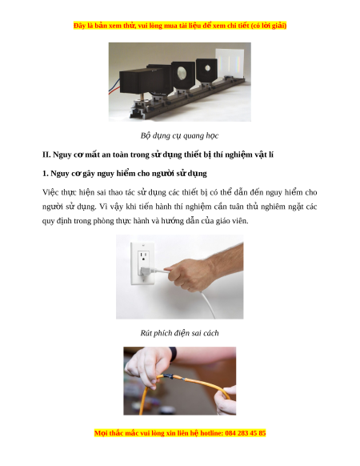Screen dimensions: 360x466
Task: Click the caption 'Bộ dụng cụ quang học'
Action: coord(179,136)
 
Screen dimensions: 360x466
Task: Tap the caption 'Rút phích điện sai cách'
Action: coord(179,333)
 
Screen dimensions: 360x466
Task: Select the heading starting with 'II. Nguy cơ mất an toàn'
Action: coord(158,155)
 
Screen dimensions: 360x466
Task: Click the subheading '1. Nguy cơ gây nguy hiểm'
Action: coord(125,174)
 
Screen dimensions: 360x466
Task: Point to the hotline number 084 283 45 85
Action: coord(246,433)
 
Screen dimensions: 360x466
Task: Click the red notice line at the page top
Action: coord(180,26)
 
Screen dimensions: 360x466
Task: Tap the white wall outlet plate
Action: coord(142,263)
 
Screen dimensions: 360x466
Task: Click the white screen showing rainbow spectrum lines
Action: coord(230,63)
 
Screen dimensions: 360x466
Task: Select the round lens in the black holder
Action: coord(182,72)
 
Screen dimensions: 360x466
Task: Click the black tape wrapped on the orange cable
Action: coord(169,376)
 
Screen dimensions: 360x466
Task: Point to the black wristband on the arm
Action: coord(173,354)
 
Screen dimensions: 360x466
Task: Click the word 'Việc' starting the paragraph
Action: coord(50,193)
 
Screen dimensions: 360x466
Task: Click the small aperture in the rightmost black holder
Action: coord(208,68)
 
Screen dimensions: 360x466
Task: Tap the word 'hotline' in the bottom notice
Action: coord(212,433)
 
